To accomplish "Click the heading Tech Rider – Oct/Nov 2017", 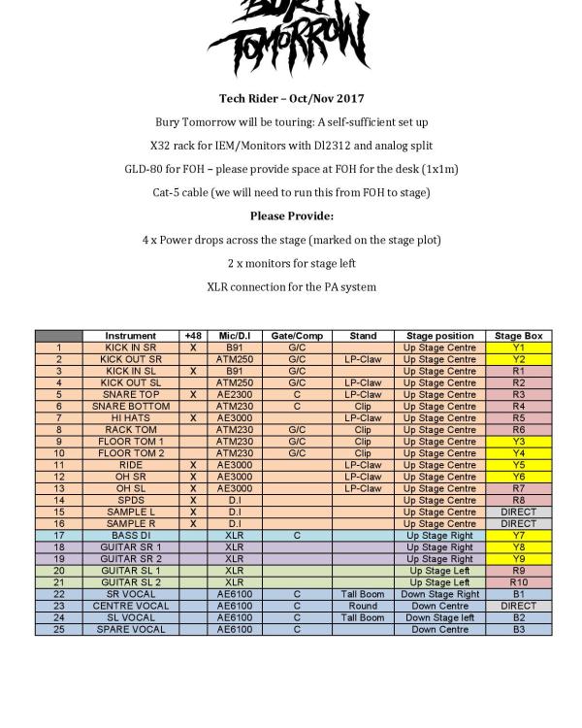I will tap(291, 99).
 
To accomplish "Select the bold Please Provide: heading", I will tap(291, 215).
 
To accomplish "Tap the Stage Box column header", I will tap(518, 336).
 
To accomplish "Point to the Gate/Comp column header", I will tap(296, 336).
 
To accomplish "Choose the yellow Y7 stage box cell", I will tap(518, 535).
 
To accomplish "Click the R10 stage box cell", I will tap(518, 582).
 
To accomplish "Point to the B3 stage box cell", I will tap(518, 629).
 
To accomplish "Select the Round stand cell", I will tap(363, 606).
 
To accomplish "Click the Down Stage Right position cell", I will tap(440, 594).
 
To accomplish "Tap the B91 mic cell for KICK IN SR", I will tap(234, 347).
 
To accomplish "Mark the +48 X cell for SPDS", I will tap(193, 500).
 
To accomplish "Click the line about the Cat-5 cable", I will tap(291, 192).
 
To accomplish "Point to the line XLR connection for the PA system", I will tap(291, 286).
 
